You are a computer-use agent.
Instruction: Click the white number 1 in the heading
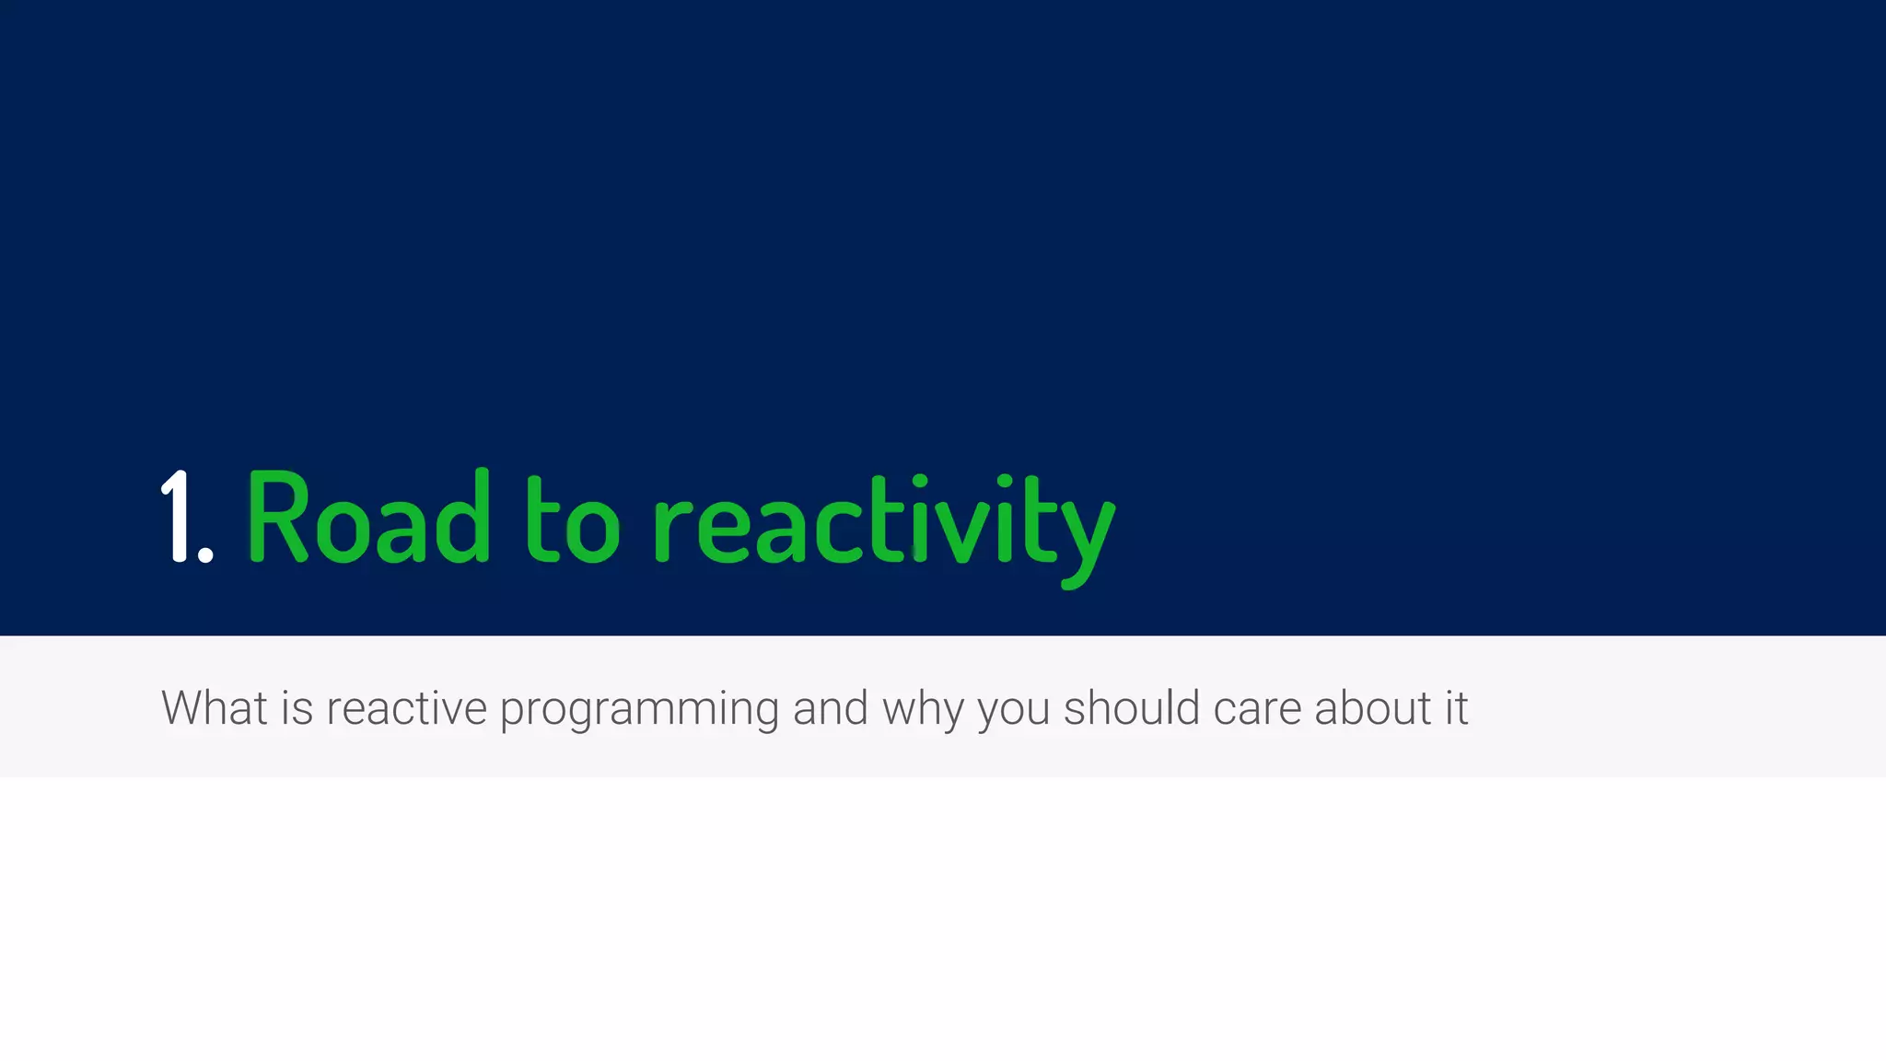pos(177,516)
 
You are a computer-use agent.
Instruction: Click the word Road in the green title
pos(368,518)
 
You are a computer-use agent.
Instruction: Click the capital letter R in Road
pos(276,516)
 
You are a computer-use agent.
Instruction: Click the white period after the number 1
pos(205,554)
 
